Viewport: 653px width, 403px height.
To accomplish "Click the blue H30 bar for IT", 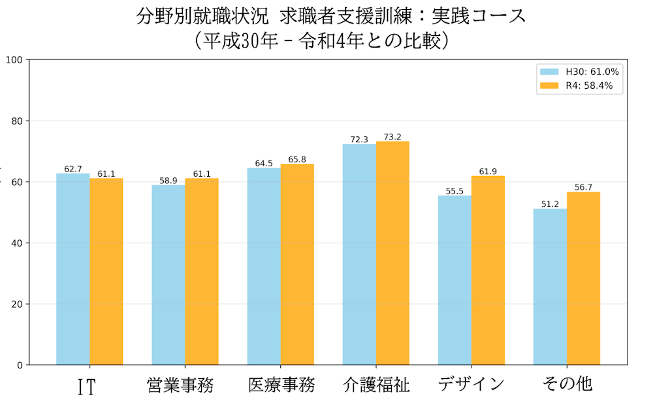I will (x=73, y=269).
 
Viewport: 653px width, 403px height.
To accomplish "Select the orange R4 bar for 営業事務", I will (x=202, y=271).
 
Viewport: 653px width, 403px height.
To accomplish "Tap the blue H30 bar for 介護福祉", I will (x=359, y=254).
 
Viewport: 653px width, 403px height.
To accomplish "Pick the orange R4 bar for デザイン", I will (x=488, y=270).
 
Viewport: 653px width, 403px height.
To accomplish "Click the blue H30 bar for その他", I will (x=550, y=286).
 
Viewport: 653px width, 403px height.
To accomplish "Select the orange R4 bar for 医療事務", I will (x=297, y=264).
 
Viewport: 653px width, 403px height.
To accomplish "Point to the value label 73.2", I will (x=393, y=137).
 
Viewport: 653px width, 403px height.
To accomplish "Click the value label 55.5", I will (x=454, y=191).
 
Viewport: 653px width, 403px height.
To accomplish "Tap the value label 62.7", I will (x=73, y=169).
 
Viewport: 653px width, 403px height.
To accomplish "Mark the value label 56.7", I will (x=583, y=187).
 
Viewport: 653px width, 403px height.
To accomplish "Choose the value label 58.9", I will (x=168, y=181).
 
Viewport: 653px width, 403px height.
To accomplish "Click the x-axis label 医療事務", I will (x=281, y=385).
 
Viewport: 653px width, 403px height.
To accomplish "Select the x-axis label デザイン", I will (x=472, y=384).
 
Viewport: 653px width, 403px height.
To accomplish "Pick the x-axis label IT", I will (x=87, y=386).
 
